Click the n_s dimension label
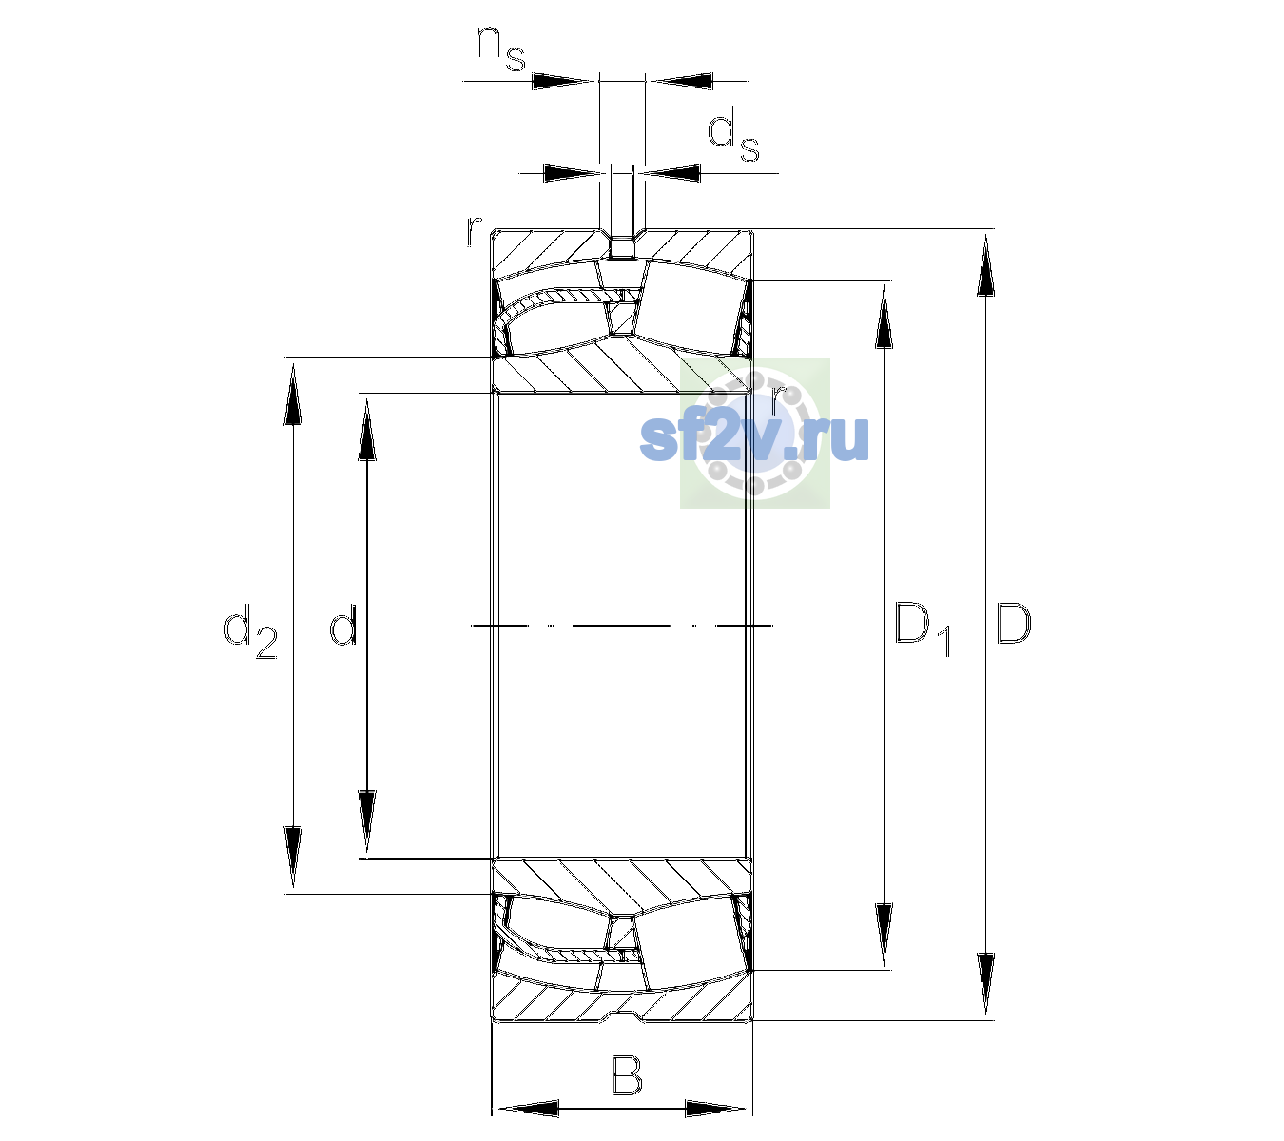tap(500, 49)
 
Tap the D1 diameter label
tap(923, 629)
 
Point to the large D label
tap(1014, 624)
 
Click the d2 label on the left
tap(251, 631)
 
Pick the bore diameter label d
tap(343, 625)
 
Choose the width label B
tap(626, 1074)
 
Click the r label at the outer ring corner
tap(474, 231)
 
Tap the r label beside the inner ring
tap(778, 400)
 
